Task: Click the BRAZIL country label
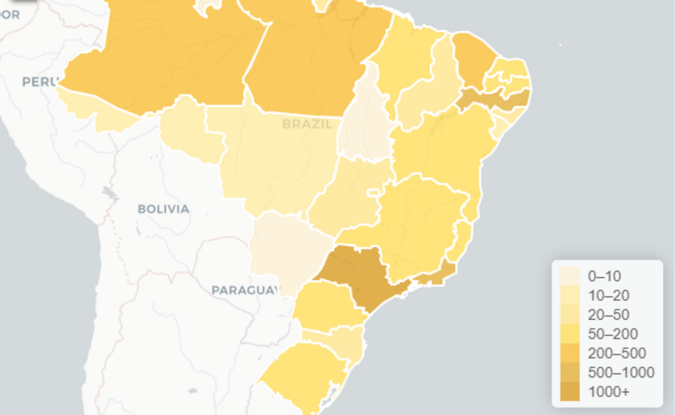tap(307, 124)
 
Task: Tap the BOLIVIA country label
tap(163, 209)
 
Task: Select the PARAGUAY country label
tap(243, 290)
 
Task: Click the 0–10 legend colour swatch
tap(570, 276)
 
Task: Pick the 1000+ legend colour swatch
tap(570, 392)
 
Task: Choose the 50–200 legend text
tap(612, 334)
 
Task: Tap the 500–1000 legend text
tap(621, 373)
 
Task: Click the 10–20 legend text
tap(608, 295)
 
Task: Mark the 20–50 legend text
tap(608, 315)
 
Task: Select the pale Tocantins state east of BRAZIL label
tap(365, 125)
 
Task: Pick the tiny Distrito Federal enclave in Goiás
tap(373, 192)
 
